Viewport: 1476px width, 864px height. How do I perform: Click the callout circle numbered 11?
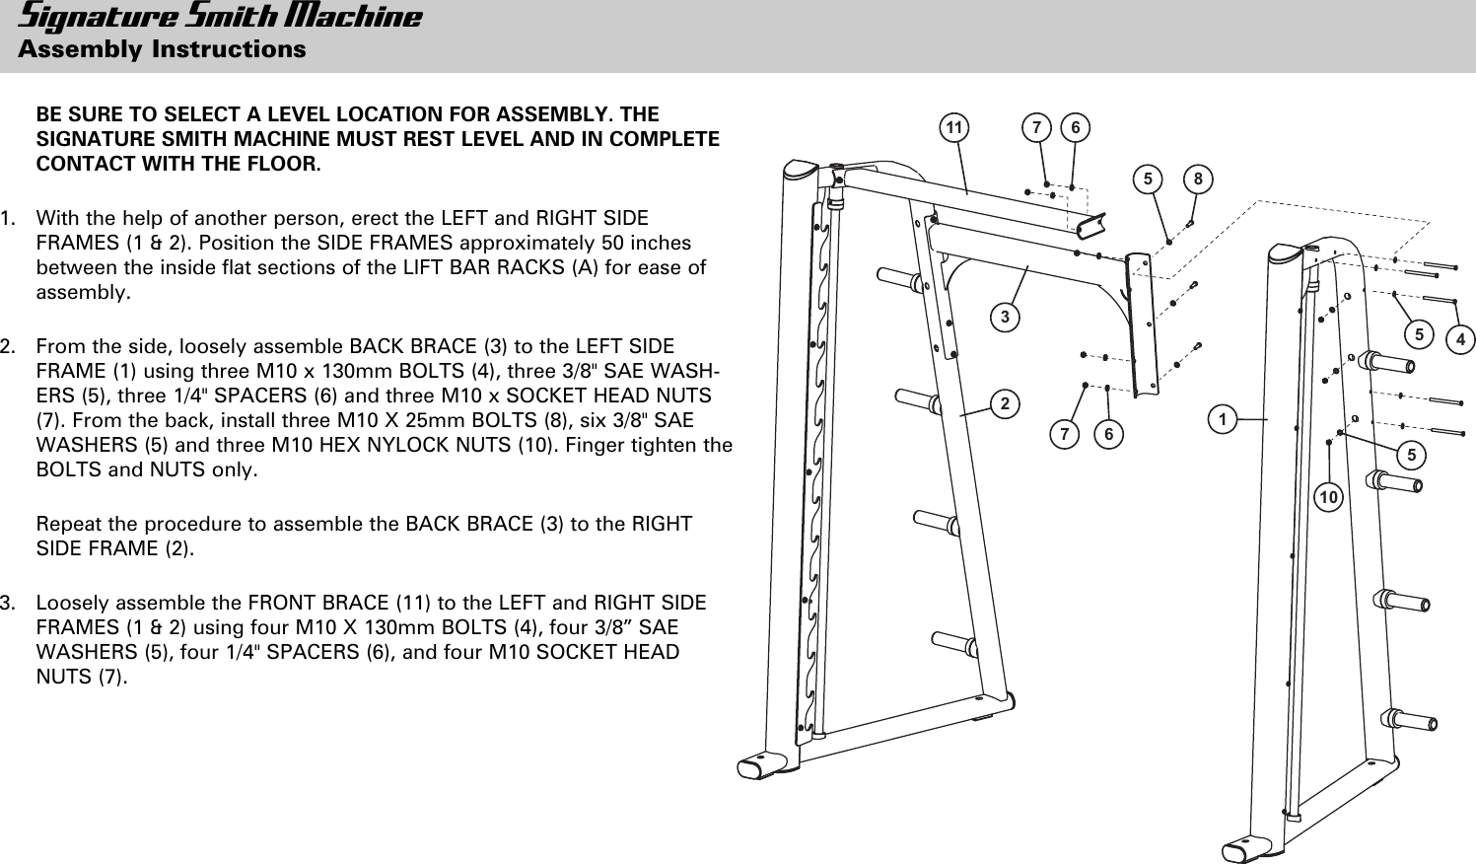click(x=953, y=128)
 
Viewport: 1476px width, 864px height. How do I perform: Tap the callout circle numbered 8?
click(x=1198, y=179)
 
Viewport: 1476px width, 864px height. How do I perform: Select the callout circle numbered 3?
click(x=1005, y=317)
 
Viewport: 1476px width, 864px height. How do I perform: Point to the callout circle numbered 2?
click(x=1004, y=403)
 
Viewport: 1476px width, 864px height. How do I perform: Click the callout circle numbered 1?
click(x=1223, y=419)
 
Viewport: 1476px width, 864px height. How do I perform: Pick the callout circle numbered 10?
click(x=1329, y=498)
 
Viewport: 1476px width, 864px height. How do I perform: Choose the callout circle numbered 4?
click(x=1460, y=340)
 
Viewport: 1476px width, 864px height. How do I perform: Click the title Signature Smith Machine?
click(x=220, y=18)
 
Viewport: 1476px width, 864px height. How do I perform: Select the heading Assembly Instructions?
click(x=162, y=49)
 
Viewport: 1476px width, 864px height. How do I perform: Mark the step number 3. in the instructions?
click(x=8, y=603)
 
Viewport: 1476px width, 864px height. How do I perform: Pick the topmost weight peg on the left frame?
click(x=899, y=280)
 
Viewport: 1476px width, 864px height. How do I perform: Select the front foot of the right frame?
click(x=1245, y=850)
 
